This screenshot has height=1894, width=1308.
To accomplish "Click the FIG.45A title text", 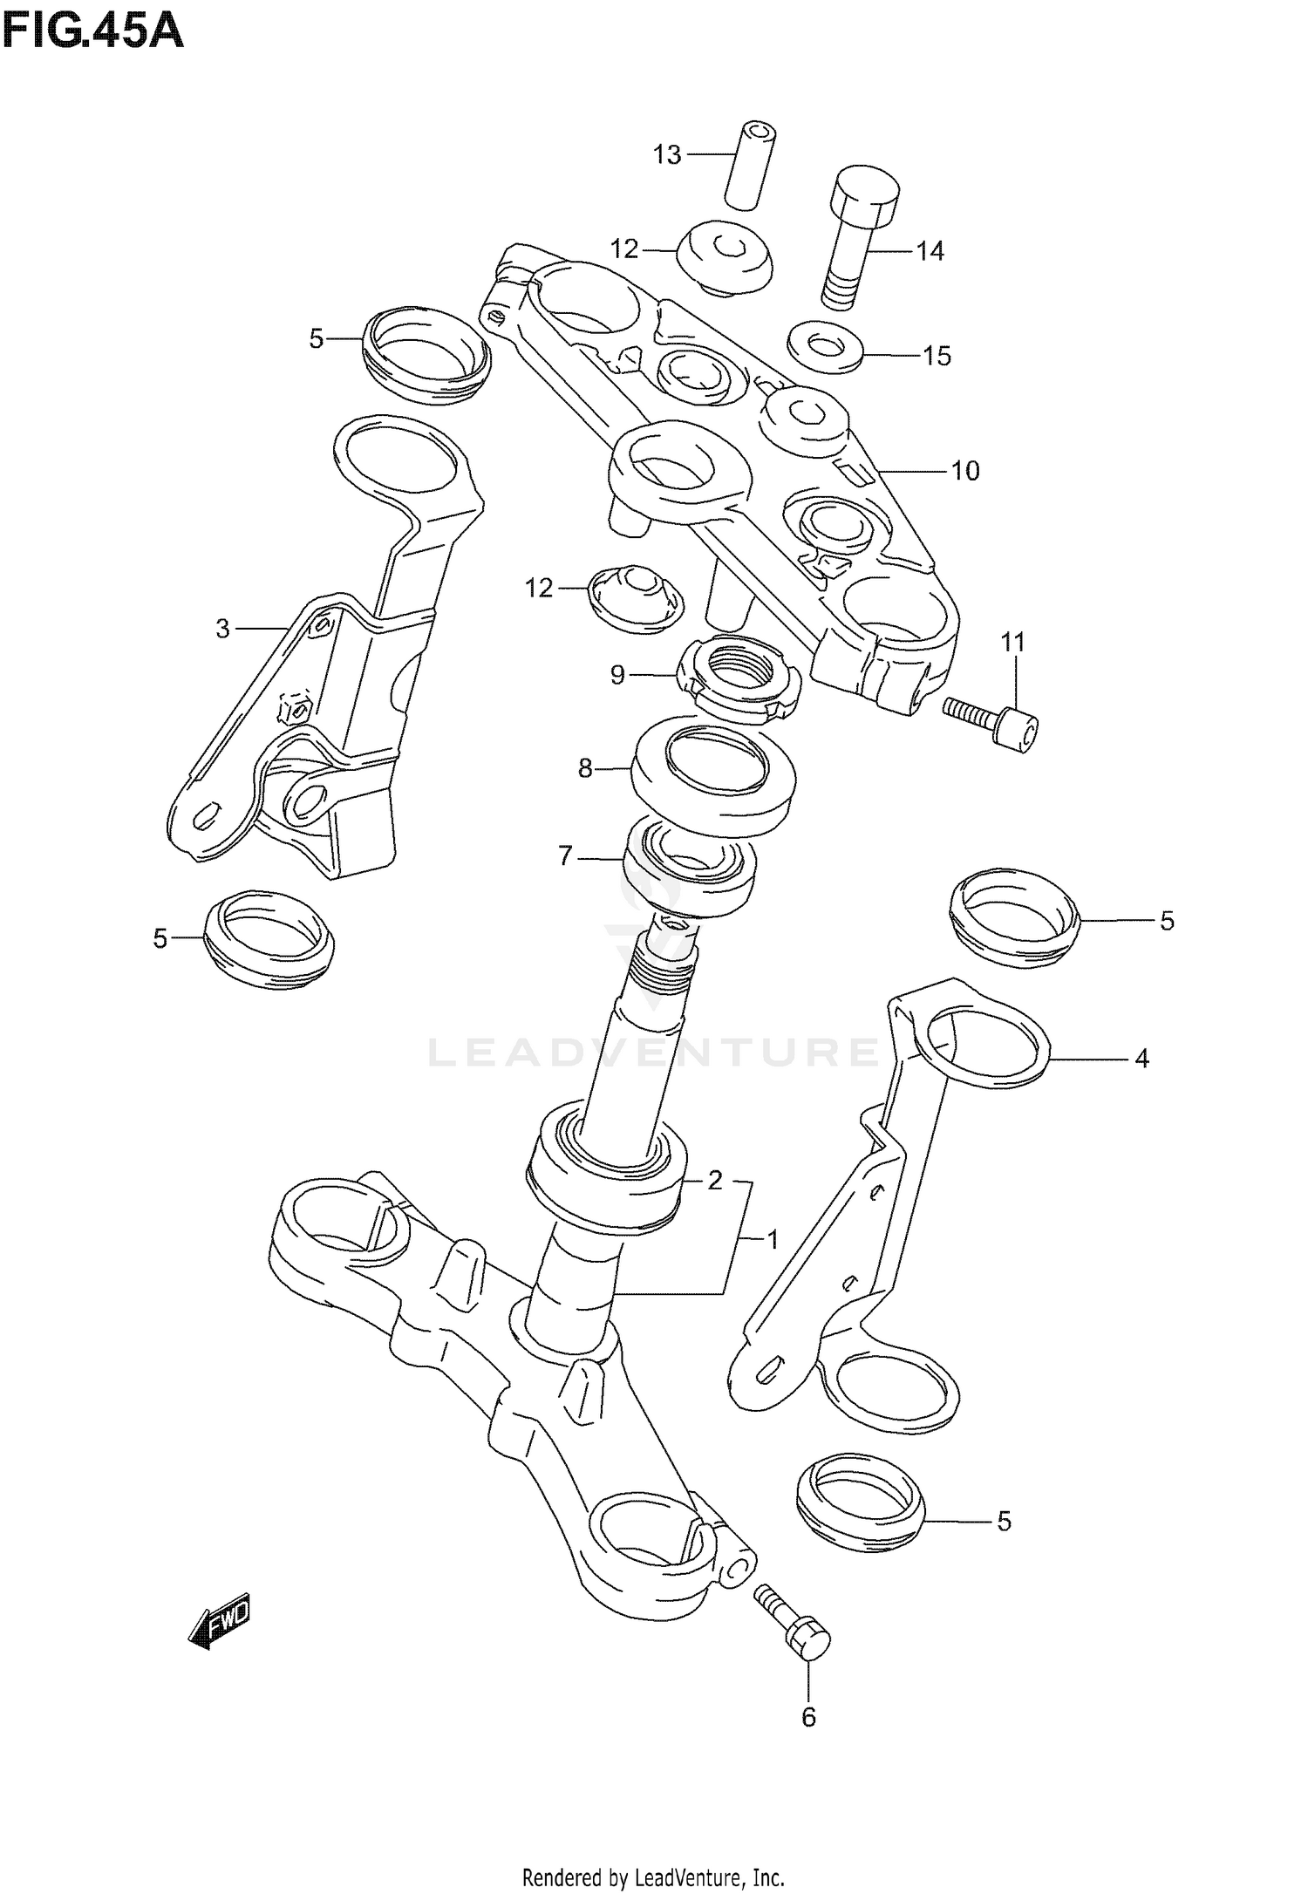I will [92, 32].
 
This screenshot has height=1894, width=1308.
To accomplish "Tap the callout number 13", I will [667, 155].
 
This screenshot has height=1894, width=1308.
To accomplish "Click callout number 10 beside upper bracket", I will [965, 471].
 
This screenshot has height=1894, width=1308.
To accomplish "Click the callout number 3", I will [222, 628].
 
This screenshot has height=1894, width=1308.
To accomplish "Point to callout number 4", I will [1141, 1059].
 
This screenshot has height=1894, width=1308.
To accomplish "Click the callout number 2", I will [715, 1181].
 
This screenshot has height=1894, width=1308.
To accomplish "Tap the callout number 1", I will [772, 1239].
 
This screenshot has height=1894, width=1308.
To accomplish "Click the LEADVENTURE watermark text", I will [654, 1053].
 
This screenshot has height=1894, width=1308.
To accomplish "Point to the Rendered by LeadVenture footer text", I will [653, 1870].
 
